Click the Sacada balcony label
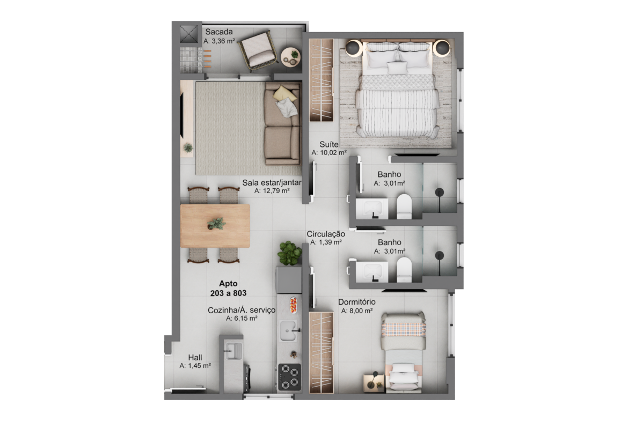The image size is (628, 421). (x=218, y=32)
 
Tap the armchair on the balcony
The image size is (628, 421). (x=258, y=51)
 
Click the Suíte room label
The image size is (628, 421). (x=329, y=144)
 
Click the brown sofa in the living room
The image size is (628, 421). (x=283, y=124)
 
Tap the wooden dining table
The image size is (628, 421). (x=215, y=226)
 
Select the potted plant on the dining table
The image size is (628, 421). (x=216, y=223)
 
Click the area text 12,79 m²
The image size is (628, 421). (x=272, y=191)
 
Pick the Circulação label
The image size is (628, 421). (x=326, y=234)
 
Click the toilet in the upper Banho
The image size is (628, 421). (x=404, y=206)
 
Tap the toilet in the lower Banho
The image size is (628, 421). (x=404, y=270)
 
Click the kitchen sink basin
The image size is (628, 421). (x=288, y=330)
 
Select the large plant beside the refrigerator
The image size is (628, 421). (x=289, y=253)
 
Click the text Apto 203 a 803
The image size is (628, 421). (x=228, y=288)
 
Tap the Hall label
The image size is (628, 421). (x=195, y=357)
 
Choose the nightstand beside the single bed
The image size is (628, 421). (x=374, y=383)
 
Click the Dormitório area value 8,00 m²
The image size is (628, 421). (x=357, y=311)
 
